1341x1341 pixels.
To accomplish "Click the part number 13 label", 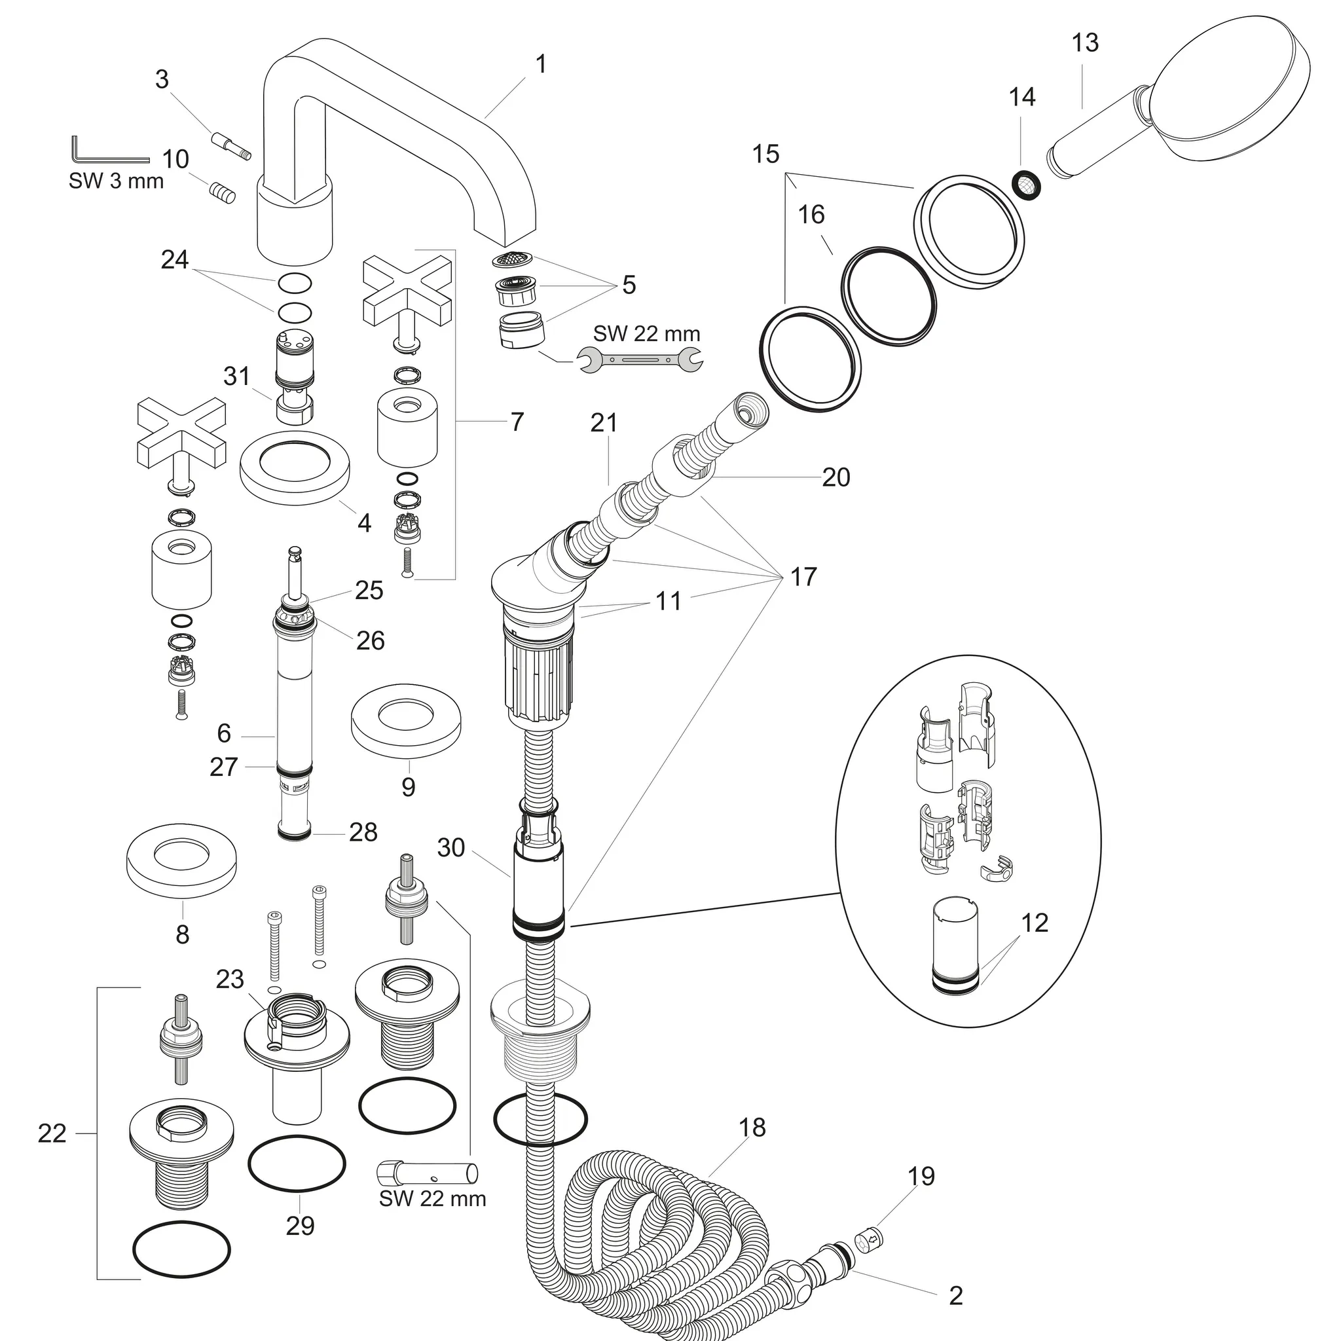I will [1085, 43].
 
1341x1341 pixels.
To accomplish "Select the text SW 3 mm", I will [116, 181].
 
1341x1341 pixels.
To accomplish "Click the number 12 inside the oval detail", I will [1034, 923].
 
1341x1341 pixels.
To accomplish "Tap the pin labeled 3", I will [231, 148].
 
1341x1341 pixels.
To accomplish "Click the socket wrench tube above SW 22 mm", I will [428, 1173].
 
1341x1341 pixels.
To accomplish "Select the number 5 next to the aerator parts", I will [629, 285].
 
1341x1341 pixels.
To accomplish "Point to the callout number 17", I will [803, 576].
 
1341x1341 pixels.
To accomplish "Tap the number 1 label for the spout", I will [541, 65].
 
